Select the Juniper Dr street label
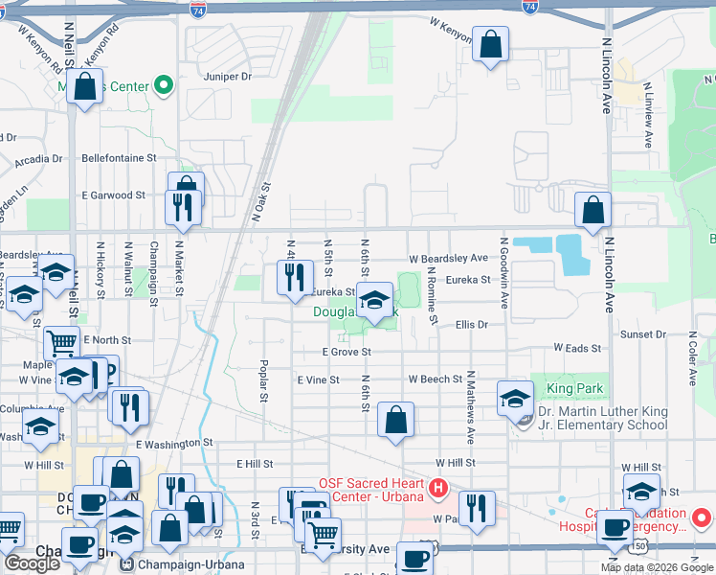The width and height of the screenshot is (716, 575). (227, 76)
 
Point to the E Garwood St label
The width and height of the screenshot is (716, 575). (113, 195)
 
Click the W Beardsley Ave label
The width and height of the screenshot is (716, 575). (448, 259)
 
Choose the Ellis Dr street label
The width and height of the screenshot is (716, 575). (472, 325)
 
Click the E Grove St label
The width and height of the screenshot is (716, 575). (346, 353)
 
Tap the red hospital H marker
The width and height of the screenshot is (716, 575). (438, 489)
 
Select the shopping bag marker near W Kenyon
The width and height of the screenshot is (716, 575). (490, 44)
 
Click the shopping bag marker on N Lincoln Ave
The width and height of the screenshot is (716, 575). (593, 210)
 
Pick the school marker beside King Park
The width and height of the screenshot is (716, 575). (515, 398)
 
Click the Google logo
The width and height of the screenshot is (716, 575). (32, 563)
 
